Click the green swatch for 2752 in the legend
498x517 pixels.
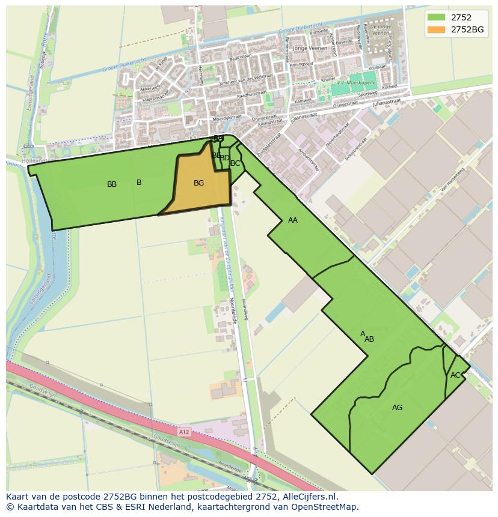pos(437,17)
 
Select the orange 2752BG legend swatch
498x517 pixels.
pos(437,29)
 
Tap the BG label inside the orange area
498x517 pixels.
pos(198,183)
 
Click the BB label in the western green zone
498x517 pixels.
pos(112,184)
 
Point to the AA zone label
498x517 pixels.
pos(293,220)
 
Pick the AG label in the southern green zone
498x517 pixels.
pos(397,408)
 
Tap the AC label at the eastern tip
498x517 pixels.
pos(455,375)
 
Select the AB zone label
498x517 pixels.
pos(369,339)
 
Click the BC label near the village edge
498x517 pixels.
pos(235,163)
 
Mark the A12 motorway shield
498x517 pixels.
pos(184,432)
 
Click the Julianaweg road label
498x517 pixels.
pos(244,308)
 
